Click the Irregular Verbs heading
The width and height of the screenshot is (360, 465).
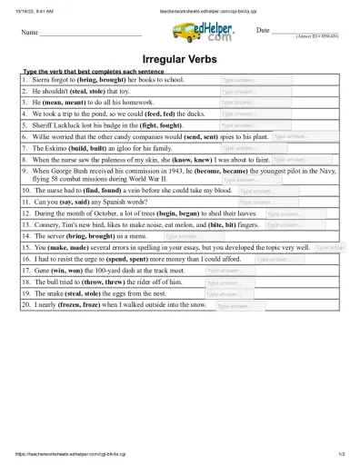179,58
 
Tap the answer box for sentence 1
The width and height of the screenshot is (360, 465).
255,80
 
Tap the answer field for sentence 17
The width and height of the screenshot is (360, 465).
229,271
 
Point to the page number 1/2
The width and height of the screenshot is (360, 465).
340,453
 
